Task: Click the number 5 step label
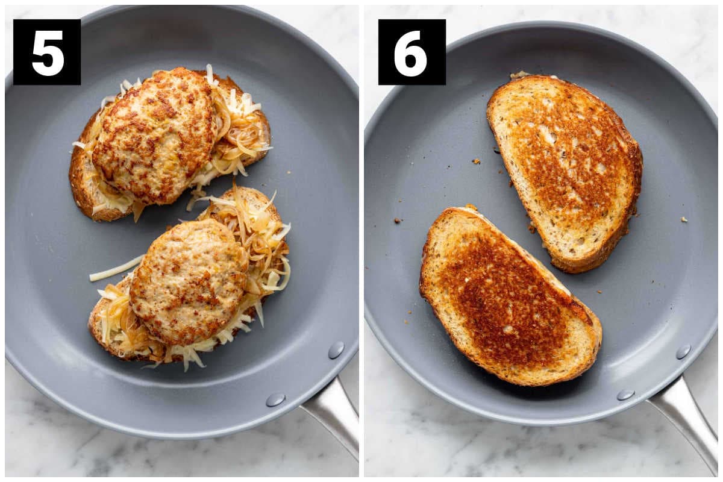47,52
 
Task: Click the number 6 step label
412,52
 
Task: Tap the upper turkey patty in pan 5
155,136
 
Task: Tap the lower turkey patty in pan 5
189,281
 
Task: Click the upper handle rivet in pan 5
336,350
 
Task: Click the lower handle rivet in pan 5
276,399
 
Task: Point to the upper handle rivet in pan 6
683,352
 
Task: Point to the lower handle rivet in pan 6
626,395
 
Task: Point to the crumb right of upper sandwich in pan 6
684,220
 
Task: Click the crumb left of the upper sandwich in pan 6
475,161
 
